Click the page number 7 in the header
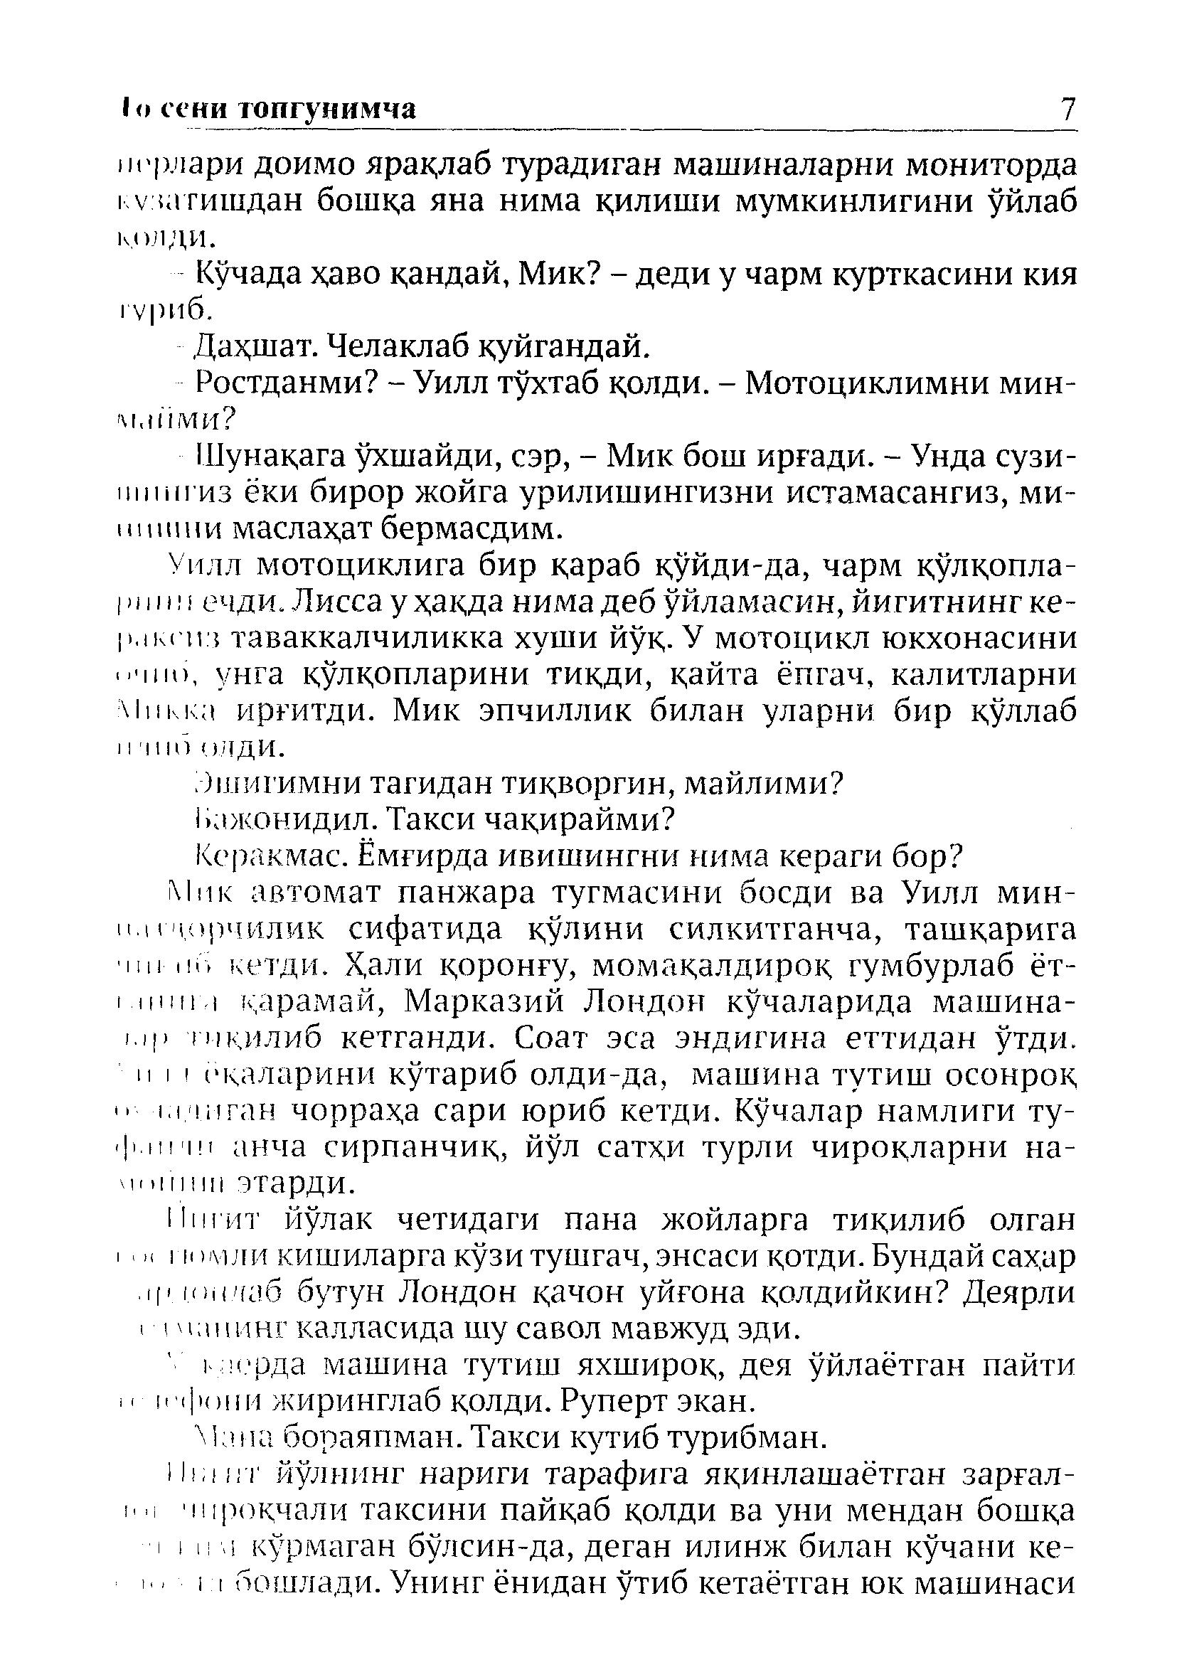1067,109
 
